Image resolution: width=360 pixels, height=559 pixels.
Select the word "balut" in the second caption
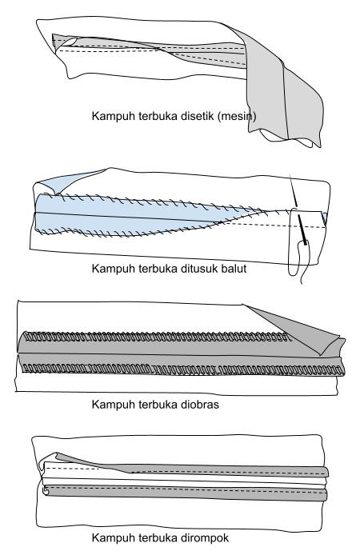[234, 268]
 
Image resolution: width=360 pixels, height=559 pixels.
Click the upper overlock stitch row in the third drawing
[157, 337]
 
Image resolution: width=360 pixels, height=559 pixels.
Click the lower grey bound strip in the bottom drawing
[186, 493]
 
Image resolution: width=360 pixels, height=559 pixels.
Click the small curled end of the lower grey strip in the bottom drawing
[46, 491]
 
